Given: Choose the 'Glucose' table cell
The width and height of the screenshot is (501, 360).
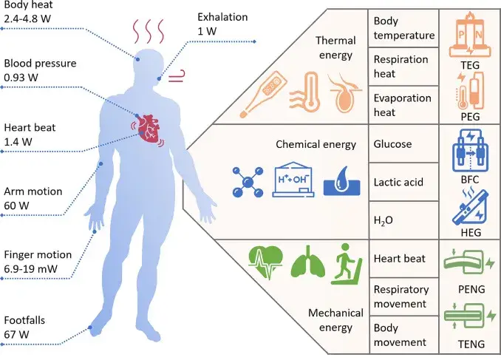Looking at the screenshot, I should tap(393, 146).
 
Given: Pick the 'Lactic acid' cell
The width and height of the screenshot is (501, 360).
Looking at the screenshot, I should tap(398, 182).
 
